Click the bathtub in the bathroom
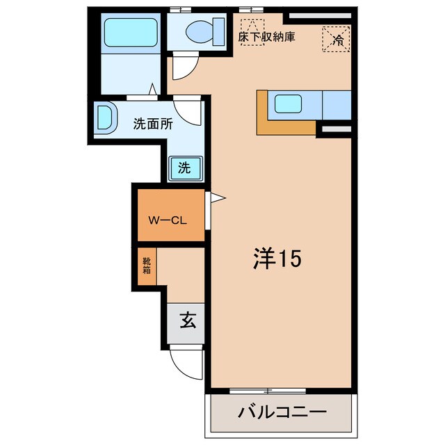tap(131, 32)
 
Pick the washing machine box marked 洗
tap(185, 167)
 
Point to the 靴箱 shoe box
tap(147, 266)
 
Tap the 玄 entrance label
tap(187, 321)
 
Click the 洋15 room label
tap(275, 259)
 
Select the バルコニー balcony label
tap(283, 412)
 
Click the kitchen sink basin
tap(287, 104)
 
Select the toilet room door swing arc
tap(184, 66)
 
